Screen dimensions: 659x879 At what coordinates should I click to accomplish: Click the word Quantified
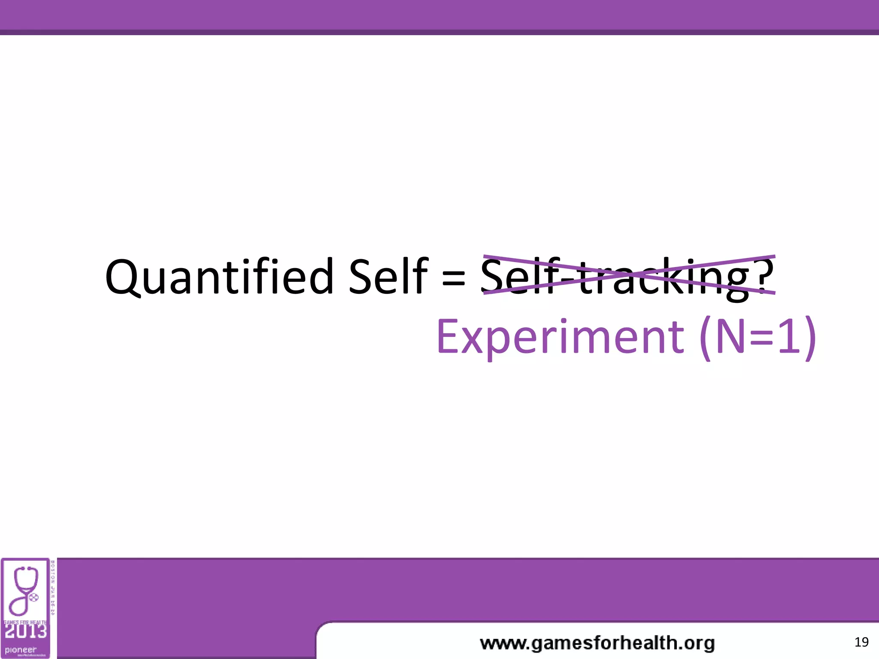[219, 277]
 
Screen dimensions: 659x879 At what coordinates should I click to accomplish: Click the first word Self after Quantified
[388, 277]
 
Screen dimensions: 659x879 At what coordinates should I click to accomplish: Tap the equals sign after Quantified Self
[454, 278]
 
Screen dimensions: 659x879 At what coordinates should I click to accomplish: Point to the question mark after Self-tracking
[765, 275]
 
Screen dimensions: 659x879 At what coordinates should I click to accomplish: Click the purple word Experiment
[560, 337]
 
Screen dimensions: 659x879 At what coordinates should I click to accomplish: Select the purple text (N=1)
[758, 337]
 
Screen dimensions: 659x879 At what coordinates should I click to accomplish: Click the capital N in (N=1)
[731, 337]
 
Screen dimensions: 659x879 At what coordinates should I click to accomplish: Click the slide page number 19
[861, 642]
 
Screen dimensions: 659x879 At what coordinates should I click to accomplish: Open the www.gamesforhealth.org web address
[597, 643]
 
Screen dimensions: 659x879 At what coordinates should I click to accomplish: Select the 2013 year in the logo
[25, 631]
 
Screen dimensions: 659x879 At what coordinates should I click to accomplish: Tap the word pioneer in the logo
[20, 650]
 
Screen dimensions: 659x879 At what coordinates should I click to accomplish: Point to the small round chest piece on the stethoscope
[33, 597]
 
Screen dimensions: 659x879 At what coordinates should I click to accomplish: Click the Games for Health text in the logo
[25, 622]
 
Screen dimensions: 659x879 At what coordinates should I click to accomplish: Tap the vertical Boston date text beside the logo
[53, 588]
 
